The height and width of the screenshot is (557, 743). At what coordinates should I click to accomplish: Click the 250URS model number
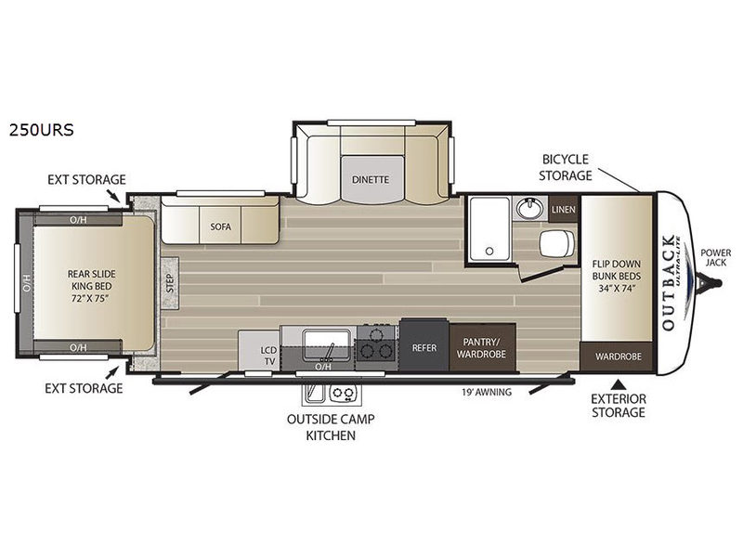point(41,129)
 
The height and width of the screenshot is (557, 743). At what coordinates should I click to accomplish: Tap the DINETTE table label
point(371,179)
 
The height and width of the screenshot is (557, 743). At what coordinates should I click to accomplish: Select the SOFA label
point(221,227)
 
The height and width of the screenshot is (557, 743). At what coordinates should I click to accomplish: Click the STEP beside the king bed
point(170,283)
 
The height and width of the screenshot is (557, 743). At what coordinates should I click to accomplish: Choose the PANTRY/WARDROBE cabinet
point(482,347)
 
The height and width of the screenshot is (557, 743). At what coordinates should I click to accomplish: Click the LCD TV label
point(268,356)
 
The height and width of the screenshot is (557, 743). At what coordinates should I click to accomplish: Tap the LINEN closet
point(564,210)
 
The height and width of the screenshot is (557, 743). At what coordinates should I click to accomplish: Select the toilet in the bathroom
point(556,244)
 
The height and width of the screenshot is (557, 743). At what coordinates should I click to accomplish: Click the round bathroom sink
point(529,207)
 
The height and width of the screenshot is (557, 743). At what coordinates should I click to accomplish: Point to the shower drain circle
point(489,251)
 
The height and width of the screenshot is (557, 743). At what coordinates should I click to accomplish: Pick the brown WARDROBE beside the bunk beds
point(618,356)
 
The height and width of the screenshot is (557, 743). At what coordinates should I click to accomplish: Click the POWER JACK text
point(715,257)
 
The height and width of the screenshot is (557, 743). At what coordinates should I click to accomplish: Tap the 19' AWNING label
point(487,392)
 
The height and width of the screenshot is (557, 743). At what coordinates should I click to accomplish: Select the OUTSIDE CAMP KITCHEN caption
point(331,427)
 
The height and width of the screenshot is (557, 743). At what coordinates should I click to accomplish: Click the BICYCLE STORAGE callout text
point(566,167)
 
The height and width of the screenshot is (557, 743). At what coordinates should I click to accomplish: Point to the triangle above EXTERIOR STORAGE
point(619,383)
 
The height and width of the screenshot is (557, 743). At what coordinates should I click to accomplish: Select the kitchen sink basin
point(327,345)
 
